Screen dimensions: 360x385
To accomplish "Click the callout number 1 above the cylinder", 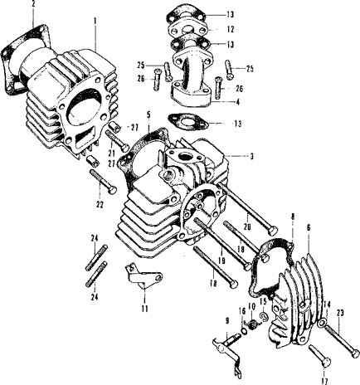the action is point(95,21).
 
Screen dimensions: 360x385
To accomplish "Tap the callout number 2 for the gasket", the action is point(33,4).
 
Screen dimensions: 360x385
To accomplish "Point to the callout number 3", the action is point(251,157).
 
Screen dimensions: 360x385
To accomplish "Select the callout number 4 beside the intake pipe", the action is point(237,102).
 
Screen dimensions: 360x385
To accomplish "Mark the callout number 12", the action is point(231,29).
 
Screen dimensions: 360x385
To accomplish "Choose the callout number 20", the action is point(247,227).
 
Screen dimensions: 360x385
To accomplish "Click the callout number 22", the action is point(100,205).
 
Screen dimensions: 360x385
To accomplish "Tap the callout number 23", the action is point(340,313).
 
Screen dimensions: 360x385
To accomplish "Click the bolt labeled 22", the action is point(103,180).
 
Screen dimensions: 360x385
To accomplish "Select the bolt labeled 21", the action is point(118,141).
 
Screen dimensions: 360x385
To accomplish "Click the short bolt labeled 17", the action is point(319,354).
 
